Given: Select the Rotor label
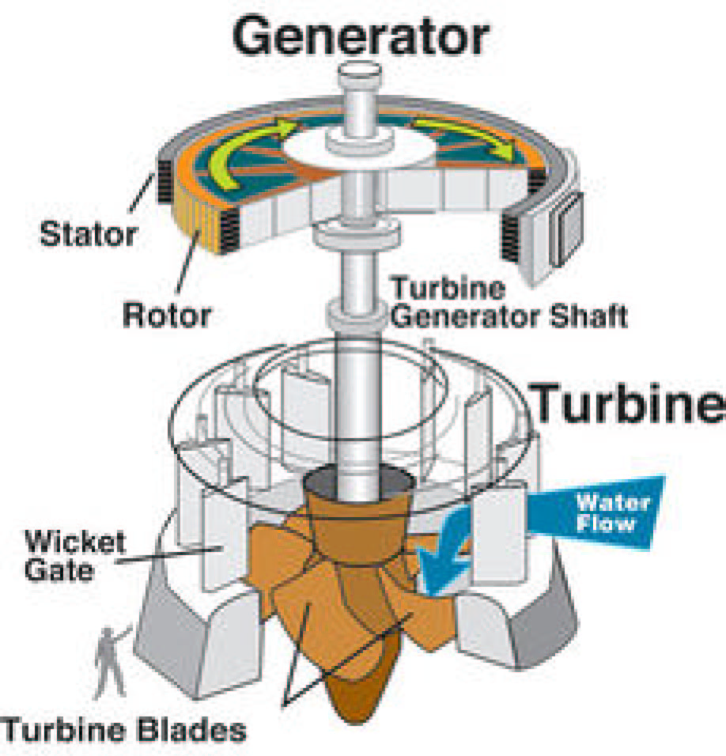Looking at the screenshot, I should pyautogui.click(x=167, y=315).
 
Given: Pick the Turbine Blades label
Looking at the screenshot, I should pyautogui.click(x=123, y=729).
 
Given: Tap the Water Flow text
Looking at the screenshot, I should pyautogui.click(x=612, y=512).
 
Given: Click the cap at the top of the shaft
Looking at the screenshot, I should pyautogui.click(x=361, y=78).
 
